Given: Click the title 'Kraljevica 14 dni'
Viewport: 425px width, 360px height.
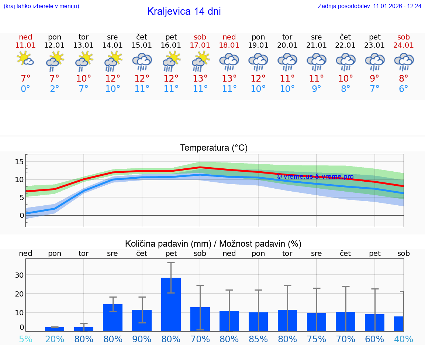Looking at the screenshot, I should pyautogui.click(x=184, y=11).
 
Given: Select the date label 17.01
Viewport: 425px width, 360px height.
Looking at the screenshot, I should pyautogui.click(x=200, y=45).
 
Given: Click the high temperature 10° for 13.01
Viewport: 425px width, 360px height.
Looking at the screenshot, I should pyautogui.click(x=84, y=79).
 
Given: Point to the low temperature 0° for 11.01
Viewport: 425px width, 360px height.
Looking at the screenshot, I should pyautogui.click(x=25, y=89).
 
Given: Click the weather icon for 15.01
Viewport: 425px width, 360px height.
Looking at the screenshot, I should pyautogui.click(x=142, y=61).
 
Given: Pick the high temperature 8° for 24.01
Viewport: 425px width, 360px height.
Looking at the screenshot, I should pyautogui.click(x=404, y=79).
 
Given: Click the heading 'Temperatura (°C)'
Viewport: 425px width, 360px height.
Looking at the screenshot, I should pyautogui.click(x=214, y=148).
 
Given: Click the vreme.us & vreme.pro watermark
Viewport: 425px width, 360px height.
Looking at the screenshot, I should pyautogui.click(x=315, y=176).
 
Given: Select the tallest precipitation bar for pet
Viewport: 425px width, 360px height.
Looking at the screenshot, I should pyautogui.click(x=171, y=304).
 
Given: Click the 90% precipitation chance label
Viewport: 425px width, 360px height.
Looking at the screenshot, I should pyautogui.click(x=142, y=339).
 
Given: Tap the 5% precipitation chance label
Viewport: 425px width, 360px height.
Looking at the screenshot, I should pyautogui.click(x=25, y=339).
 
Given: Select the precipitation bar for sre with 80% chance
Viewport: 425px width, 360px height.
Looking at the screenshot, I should pyautogui.click(x=113, y=318).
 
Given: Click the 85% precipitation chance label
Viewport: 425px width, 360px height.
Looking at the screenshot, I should pyautogui.click(x=258, y=339).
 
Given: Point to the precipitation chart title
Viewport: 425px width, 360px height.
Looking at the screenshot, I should pyautogui.click(x=213, y=244).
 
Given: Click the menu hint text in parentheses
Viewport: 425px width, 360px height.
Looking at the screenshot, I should pyautogui.click(x=41, y=6).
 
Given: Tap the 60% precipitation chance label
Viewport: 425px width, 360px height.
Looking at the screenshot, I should pyautogui.click(x=374, y=339).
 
